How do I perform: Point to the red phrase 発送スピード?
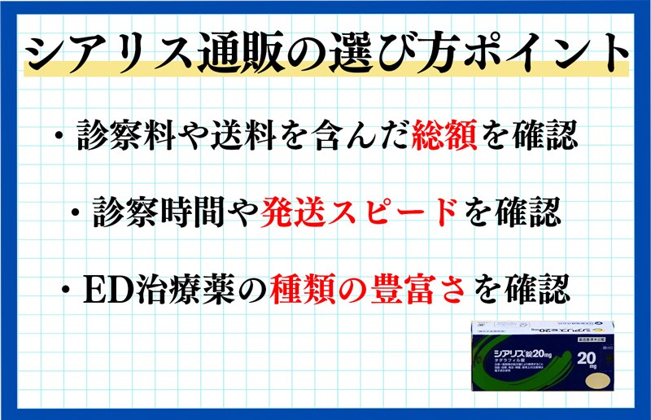[x=359, y=212]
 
